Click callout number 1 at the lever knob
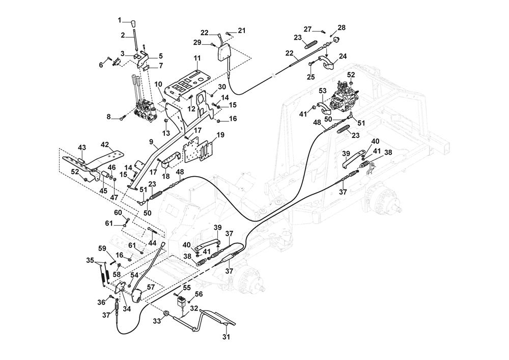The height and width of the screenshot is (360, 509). pos(120,21)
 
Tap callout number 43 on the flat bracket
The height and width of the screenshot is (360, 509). pos(82,148)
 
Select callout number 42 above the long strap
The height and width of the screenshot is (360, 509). pos(105,144)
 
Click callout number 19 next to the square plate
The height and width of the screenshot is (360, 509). pos(220,136)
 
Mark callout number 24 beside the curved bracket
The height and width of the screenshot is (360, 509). pos(343,57)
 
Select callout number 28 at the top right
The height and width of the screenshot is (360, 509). pos(341,27)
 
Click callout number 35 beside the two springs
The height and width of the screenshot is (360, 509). pos(90,261)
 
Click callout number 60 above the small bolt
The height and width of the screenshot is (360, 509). pos(118,212)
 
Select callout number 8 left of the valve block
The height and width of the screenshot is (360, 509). pos(108,117)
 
